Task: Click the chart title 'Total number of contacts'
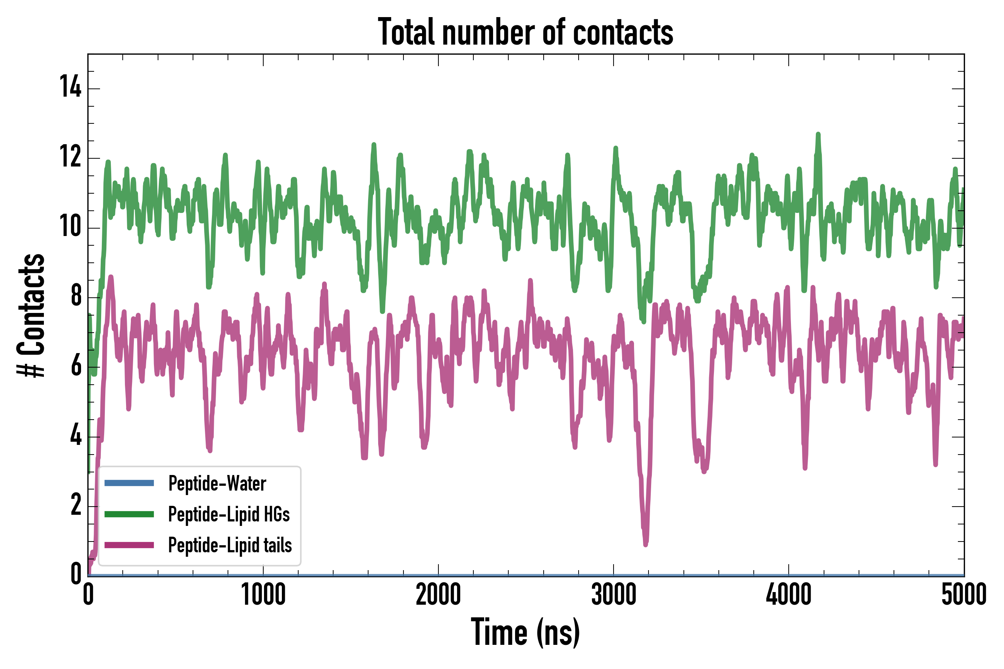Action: tap(525, 32)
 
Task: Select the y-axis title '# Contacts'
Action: tap(31, 315)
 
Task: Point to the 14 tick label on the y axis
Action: tap(70, 87)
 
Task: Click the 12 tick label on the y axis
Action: tap(70, 156)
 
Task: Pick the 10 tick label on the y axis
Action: tap(70, 226)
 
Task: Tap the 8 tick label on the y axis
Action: tap(76, 296)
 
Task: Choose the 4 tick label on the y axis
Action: tap(76, 435)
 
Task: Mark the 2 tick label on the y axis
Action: tap(76, 505)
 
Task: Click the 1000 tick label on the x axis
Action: tap(263, 594)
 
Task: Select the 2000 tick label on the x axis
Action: tap(438, 594)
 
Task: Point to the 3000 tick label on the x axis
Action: tap(614, 594)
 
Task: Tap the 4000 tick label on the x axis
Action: tap(788, 594)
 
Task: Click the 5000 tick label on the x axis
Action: tap(964, 594)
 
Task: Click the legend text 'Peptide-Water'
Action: tap(217, 484)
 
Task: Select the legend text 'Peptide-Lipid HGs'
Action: tap(229, 514)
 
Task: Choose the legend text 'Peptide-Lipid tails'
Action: tap(230, 545)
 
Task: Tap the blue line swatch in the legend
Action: tap(129, 483)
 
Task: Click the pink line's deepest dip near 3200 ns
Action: tap(646, 544)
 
